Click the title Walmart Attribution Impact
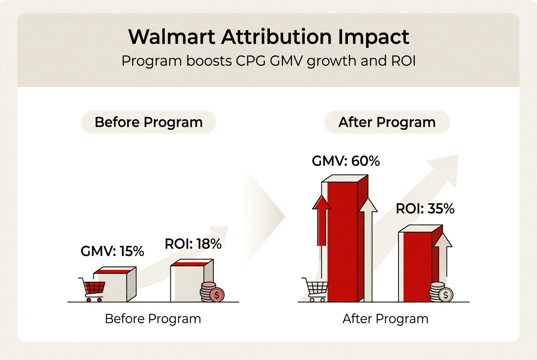[x=268, y=37]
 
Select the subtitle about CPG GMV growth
[x=268, y=61]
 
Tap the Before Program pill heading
[x=148, y=122]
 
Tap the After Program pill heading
[x=387, y=122]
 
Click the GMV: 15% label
[x=112, y=251]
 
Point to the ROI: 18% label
[x=193, y=244]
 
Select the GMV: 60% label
[x=346, y=161]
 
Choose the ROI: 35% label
[x=425, y=209]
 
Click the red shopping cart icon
[x=92, y=289]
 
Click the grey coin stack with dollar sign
[x=441, y=292]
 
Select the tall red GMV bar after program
[x=342, y=242]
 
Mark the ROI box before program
[x=189, y=282]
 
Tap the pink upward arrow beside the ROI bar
[x=443, y=255]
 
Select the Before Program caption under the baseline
[x=153, y=319]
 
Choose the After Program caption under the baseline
[x=385, y=319]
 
